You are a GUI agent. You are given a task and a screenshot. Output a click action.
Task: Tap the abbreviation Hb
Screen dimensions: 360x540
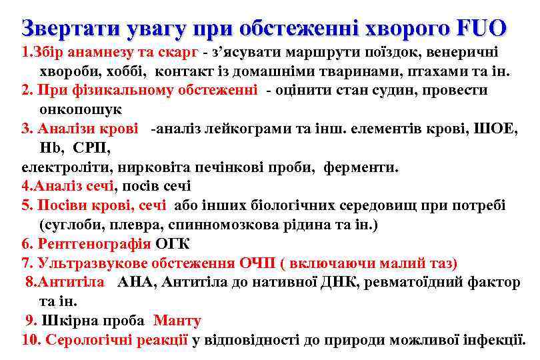coord(49,148)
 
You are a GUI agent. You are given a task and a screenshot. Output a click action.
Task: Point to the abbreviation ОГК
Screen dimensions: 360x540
coord(177,244)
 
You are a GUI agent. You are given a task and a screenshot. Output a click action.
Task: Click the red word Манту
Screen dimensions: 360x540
coord(177,321)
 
